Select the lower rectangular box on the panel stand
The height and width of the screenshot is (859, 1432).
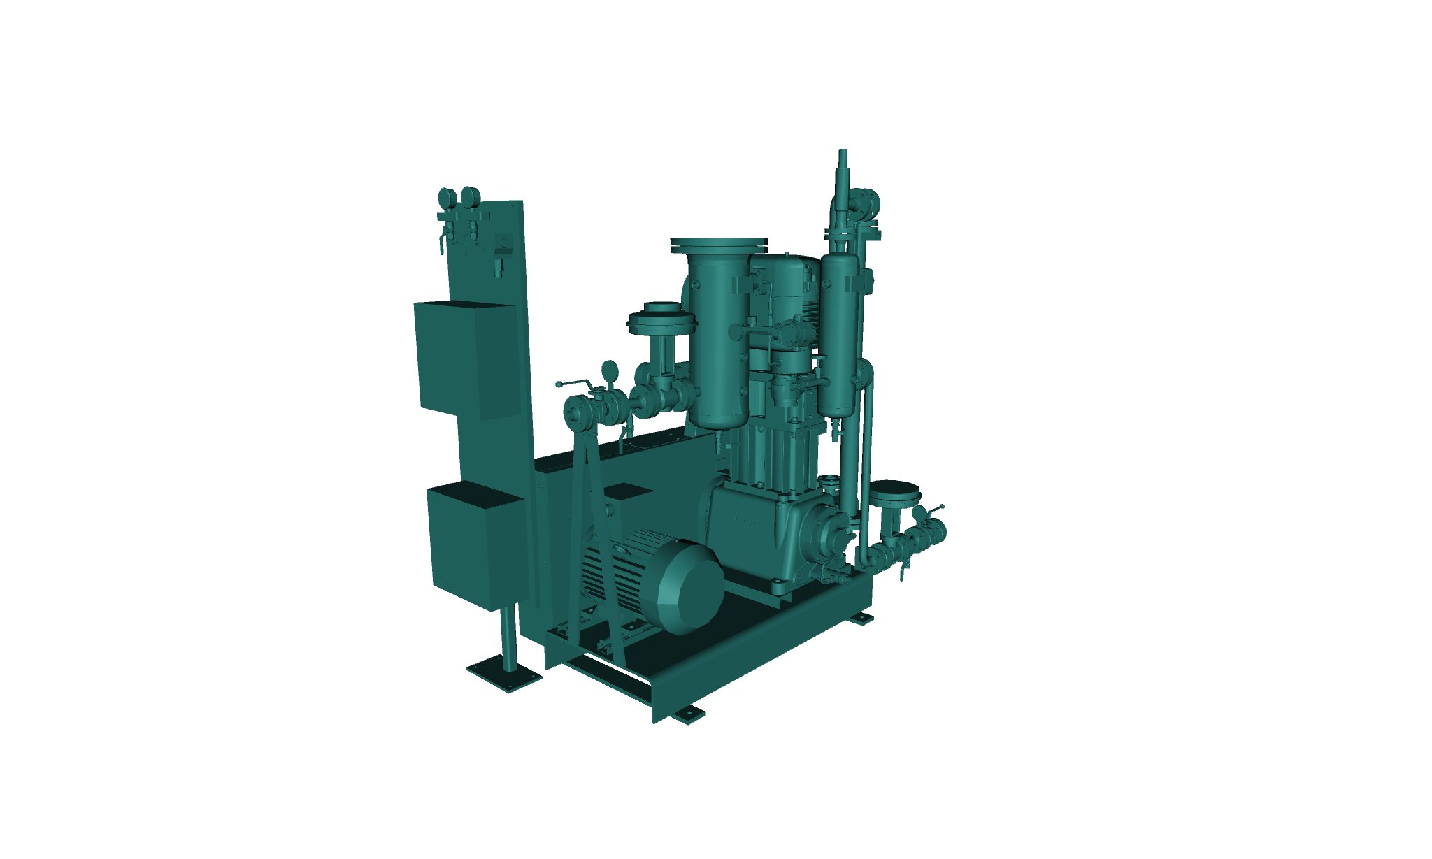[x=475, y=549]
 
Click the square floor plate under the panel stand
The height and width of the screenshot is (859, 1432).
[x=504, y=675]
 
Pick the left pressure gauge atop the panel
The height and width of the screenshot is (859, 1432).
[x=445, y=196]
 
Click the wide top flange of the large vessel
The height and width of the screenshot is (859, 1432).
[x=719, y=245]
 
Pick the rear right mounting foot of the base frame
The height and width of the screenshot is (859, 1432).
[x=861, y=619]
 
